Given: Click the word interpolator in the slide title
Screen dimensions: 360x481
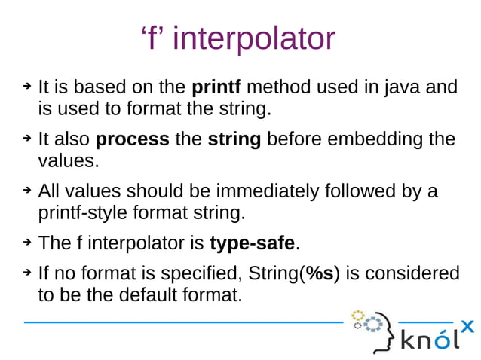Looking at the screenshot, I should (x=254, y=38).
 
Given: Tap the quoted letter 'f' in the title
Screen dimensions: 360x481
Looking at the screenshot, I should (x=154, y=38).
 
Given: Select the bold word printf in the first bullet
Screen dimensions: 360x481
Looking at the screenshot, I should (x=219, y=88).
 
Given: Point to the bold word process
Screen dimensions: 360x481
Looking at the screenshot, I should (x=133, y=140).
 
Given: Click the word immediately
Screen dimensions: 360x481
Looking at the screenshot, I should (x=264, y=191).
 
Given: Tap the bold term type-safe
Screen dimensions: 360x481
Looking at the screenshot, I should (x=252, y=243).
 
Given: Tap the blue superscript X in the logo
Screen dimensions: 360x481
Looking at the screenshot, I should (x=467, y=326).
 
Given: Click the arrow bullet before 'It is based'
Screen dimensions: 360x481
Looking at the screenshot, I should (x=26, y=88).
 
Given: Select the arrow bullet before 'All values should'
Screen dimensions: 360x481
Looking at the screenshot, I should (x=26, y=191).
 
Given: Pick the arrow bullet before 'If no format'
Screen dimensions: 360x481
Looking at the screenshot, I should (x=26, y=273).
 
